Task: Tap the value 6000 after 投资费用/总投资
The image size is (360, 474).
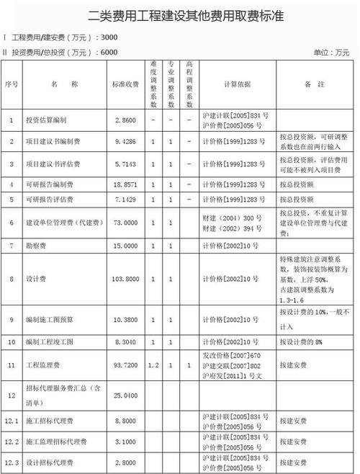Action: click(110, 52)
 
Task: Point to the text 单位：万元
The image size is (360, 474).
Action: click(332, 53)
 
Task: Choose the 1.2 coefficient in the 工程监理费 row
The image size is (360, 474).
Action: click(153, 366)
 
